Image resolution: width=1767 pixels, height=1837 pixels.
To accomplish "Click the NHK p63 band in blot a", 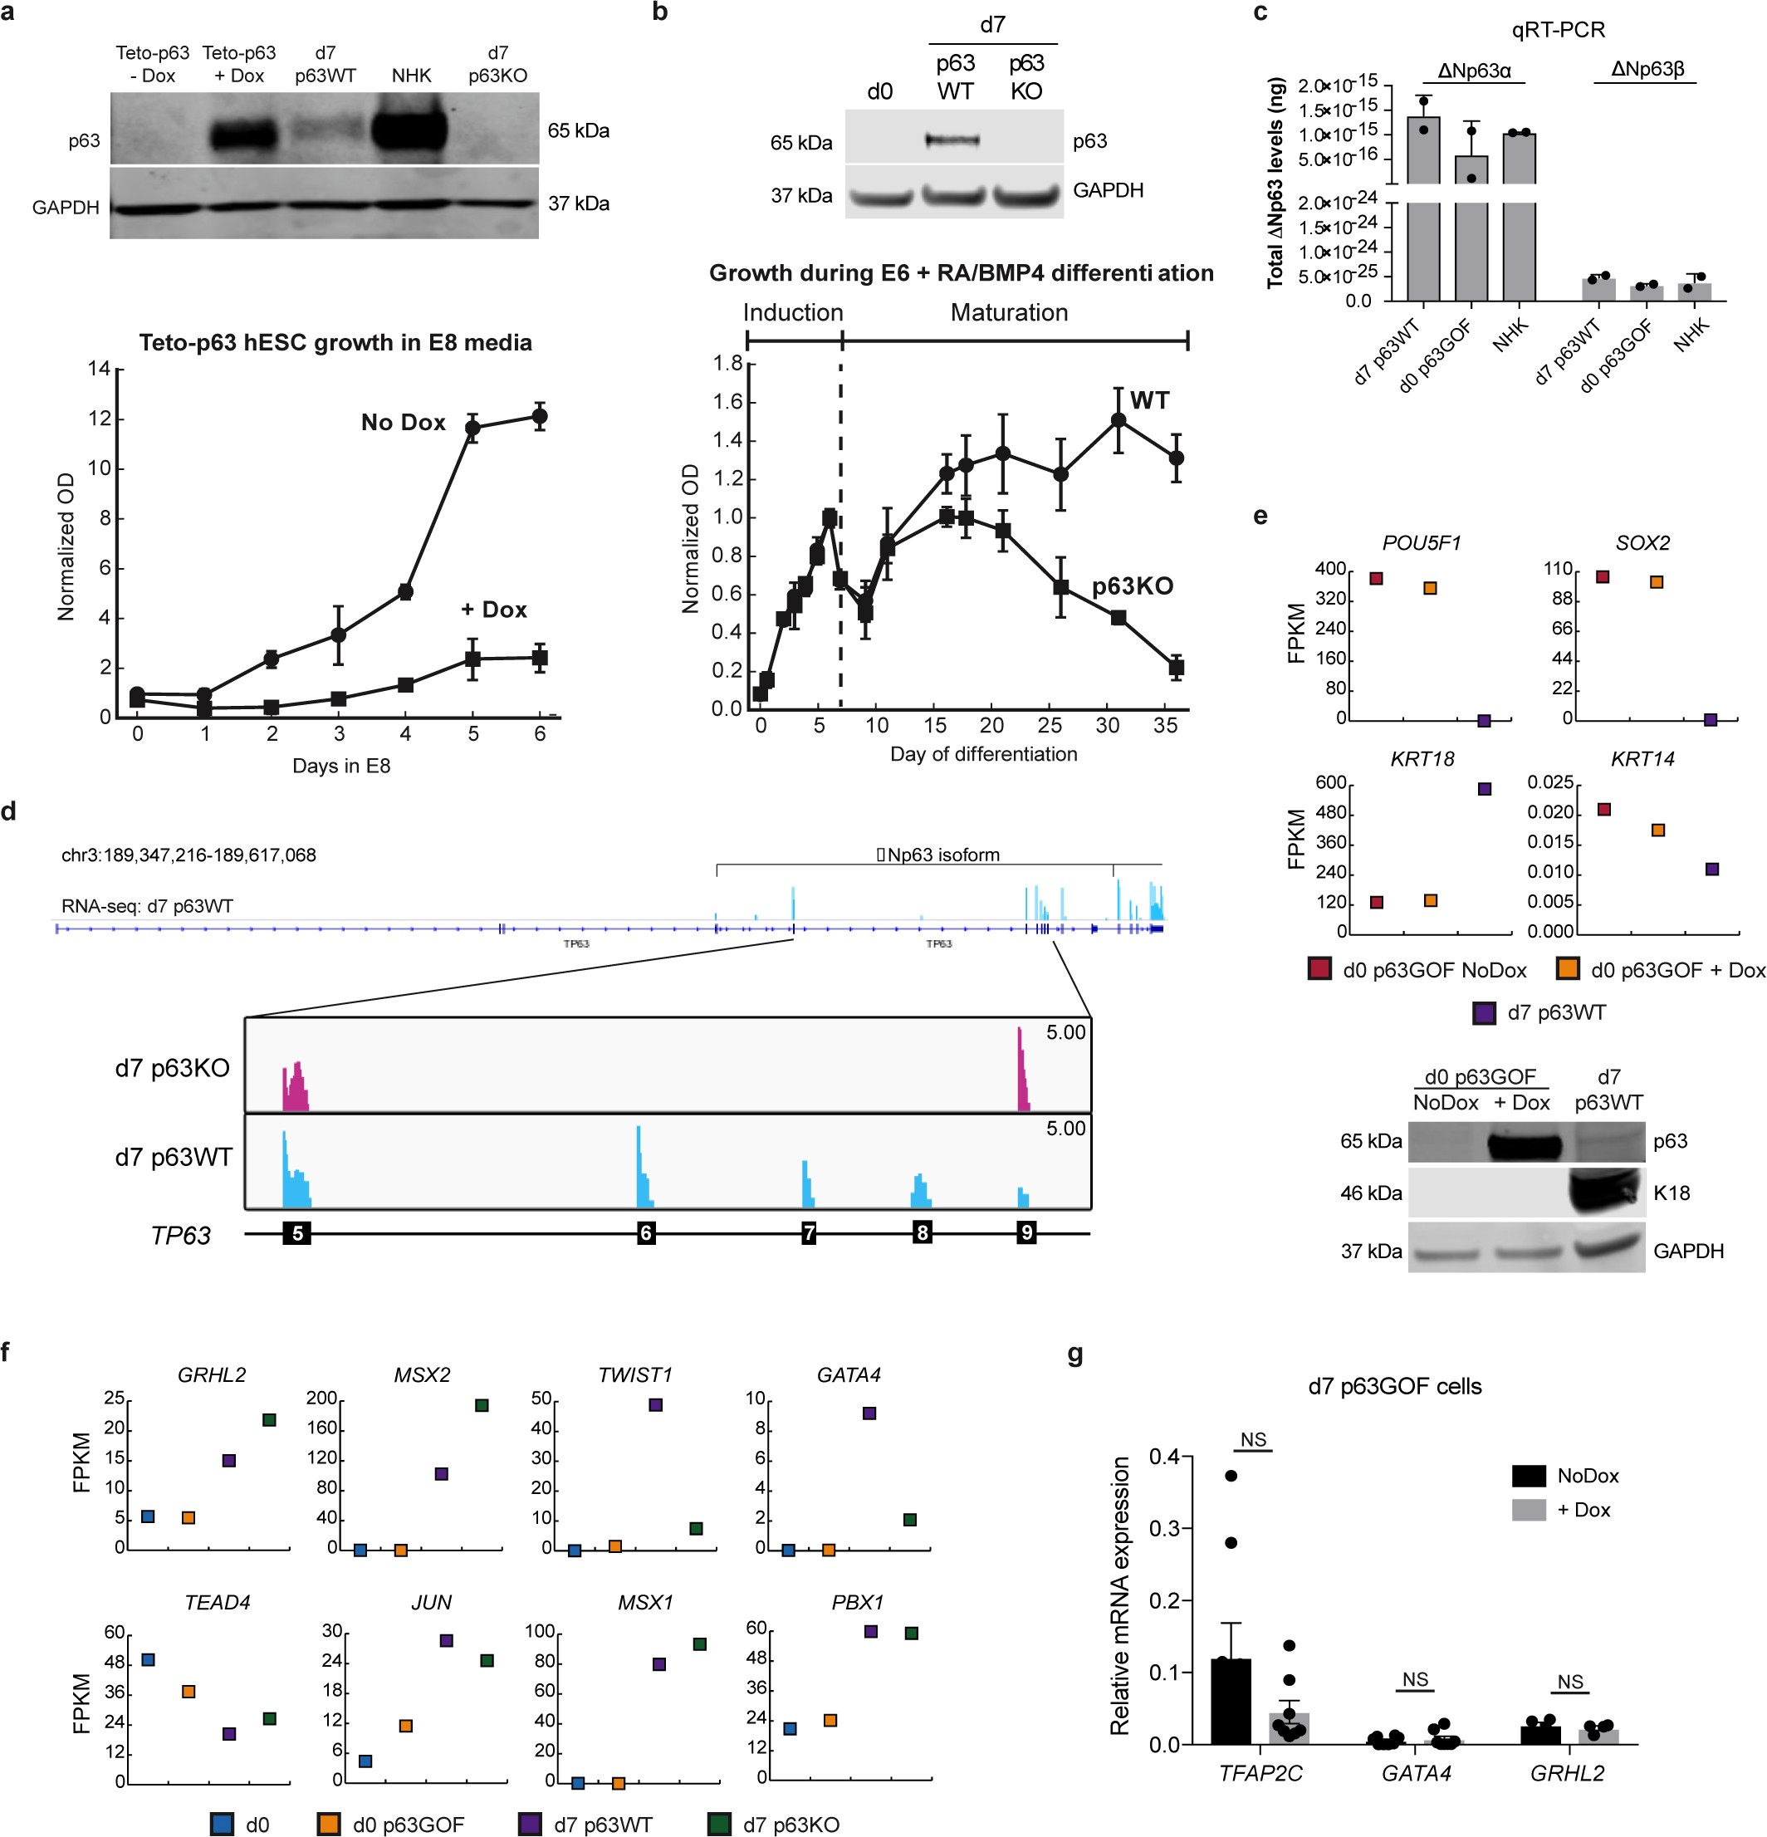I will (x=410, y=130).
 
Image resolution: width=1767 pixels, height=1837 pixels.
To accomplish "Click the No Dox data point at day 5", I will (x=472, y=428).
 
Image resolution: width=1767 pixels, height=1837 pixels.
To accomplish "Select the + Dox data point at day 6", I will (x=540, y=658).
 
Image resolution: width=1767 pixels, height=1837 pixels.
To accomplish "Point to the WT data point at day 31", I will (x=1118, y=420).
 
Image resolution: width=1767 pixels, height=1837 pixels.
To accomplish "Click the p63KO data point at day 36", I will (x=1177, y=668).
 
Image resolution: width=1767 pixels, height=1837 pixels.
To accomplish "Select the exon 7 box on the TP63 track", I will (x=809, y=1233).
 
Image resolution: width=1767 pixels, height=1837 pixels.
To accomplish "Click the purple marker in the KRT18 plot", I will (x=1484, y=789).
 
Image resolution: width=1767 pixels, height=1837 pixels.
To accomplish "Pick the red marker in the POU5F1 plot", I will (x=1375, y=578).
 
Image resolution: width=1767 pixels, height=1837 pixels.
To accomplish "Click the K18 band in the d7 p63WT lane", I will (x=1606, y=1193).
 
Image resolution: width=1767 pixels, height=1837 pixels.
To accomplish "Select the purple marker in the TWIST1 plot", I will (x=655, y=1405).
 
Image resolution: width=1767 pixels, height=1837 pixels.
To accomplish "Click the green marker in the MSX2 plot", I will (x=481, y=1405).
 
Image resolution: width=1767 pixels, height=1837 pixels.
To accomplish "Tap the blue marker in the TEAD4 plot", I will (x=147, y=1660).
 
